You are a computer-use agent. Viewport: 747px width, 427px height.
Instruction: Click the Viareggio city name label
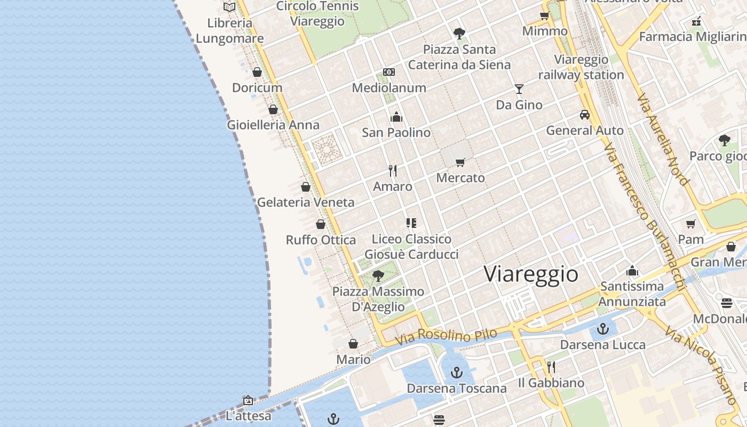tap(531, 274)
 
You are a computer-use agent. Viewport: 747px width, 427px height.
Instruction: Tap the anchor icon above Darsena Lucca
tap(603, 329)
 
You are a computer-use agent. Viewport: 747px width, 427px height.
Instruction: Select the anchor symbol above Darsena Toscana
tap(456, 373)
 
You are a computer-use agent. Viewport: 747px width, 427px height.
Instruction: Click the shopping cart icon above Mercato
tap(460, 162)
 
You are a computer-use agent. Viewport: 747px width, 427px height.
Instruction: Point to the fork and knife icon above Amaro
tap(393, 171)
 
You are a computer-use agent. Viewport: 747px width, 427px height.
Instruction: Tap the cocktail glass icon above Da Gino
tap(519, 89)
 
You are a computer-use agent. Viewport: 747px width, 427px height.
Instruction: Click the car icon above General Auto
tap(585, 115)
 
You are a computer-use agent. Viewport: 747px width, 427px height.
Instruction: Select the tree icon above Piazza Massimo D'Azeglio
tap(378, 276)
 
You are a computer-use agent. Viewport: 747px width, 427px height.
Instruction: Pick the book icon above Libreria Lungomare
tap(229, 7)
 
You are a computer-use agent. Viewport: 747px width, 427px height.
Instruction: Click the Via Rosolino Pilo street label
tap(446, 336)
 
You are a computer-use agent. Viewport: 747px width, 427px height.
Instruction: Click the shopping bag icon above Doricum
tap(257, 72)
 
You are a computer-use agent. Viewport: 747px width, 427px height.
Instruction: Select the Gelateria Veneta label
tap(306, 202)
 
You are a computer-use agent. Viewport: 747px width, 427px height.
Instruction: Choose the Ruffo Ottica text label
tap(321, 240)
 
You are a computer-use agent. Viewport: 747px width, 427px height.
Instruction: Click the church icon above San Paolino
tap(396, 117)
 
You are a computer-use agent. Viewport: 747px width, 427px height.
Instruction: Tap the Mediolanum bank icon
tap(389, 72)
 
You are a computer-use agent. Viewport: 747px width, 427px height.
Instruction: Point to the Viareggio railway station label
tap(581, 67)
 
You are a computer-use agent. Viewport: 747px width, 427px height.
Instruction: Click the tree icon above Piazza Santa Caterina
tap(459, 34)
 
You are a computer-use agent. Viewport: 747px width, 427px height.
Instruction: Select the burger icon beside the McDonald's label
tap(727, 303)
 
